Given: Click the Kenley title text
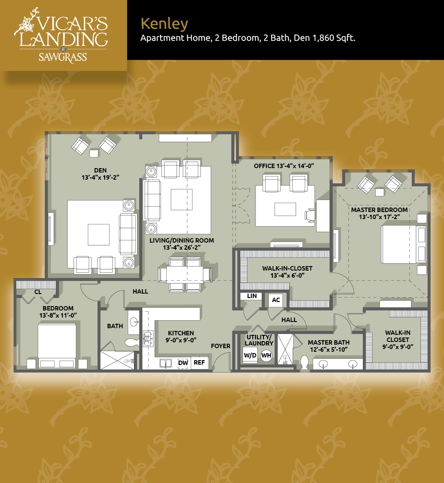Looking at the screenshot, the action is pyautogui.click(x=164, y=24).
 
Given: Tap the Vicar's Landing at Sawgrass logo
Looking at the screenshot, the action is pyautogui.click(x=61, y=35).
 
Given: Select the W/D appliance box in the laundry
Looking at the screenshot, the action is pyautogui.click(x=250, y=355).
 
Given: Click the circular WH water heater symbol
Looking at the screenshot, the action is pyautogui.click(x=266, y=355).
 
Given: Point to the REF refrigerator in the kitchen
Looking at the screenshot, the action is pyautogui.click(x=199, y=362).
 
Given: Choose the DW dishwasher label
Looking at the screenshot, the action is pyautogui.click(x=183, y=363).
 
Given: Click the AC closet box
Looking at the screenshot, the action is pyautogui.click(x=276, y=300).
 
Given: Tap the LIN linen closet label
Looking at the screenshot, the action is pyautogui.click(x=252, y=296).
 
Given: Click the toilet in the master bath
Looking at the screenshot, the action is pyautogui.click(x=304, y=363).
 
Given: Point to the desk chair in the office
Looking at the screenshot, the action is pyautogui.click(x=310, y=215).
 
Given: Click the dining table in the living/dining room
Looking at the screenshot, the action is pyautogui.click(x=185, y=274).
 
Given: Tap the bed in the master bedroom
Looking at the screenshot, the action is pyautogui.click(x=399, y=244).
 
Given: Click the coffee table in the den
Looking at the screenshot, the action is pyautogui.click(x=98, y=235).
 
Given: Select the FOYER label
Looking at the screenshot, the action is pyautogui.click(x=220, y=346).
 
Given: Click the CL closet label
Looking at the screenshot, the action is pyautogui.click(x=38, y=292).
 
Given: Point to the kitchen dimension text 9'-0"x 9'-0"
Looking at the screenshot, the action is pyautogui.click(x=181, y=340).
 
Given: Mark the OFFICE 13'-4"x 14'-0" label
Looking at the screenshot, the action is pyautogui.click(x=284, y=166).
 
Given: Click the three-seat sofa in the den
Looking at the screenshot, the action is pyautogui.click(x=128, y=234).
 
